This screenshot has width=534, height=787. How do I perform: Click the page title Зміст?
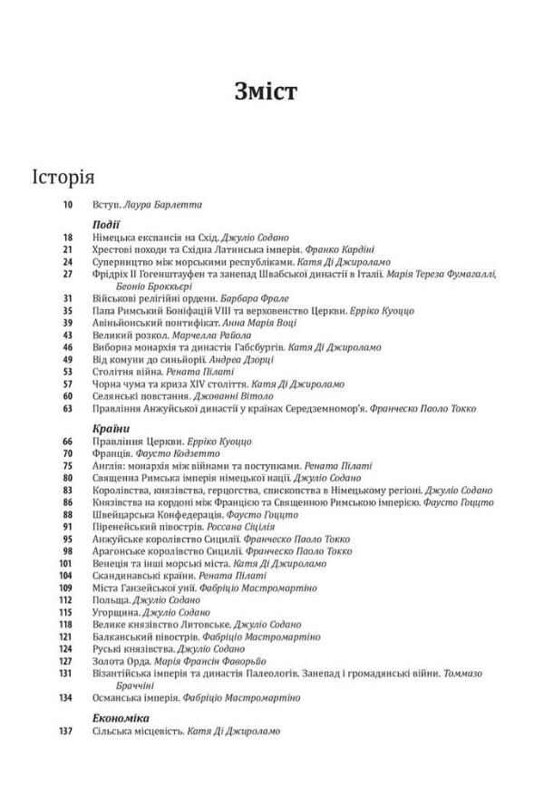(267, 93)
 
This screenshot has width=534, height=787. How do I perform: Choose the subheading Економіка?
(120, 717)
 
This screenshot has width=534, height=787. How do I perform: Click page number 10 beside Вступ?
(69, 205)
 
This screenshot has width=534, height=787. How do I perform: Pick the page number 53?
(69, 372)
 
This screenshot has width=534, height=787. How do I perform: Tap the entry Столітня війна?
(126, 372)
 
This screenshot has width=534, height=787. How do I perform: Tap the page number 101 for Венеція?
(66, 562)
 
